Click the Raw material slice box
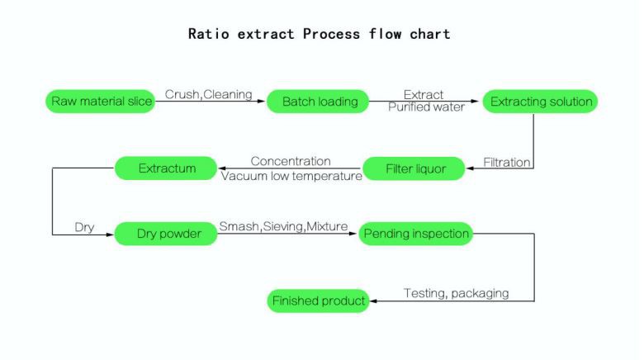pos(100,102)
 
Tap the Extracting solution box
pos(541,102)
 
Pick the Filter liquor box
pos(415,169)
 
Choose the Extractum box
pos(167,168)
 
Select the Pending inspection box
pos(415,234)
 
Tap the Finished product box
pos(318,301)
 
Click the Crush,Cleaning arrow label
pos(208,94)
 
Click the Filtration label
pos(506,163)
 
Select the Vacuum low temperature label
pos(291,175)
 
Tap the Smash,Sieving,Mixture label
pos(283,226)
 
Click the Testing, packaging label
pos(455,293)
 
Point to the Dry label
pos(84,227)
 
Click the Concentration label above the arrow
pos(291,161)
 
